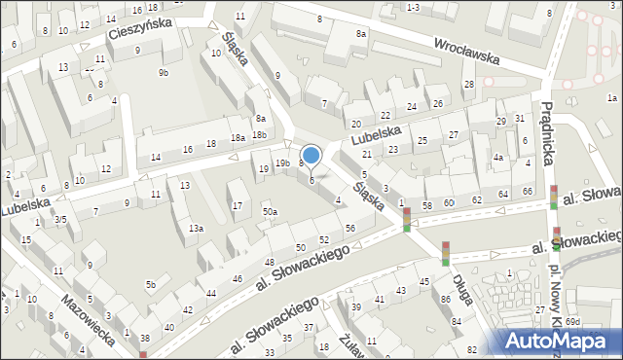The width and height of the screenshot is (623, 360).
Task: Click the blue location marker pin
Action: pos(311,155)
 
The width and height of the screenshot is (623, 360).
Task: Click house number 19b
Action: pos(281,162)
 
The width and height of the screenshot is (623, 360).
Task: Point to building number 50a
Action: pos(270,211)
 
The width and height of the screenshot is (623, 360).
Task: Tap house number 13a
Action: pos(196,228)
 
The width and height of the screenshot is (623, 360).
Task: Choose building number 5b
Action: pos(151,284)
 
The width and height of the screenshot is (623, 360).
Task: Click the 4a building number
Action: pos(497,158)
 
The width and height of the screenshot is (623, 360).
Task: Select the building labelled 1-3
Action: pos(413,7)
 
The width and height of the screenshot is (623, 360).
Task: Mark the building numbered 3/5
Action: pos(59,220)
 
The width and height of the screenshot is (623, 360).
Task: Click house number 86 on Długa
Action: pos(445,300)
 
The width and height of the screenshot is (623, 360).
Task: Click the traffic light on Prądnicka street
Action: pos(553,198)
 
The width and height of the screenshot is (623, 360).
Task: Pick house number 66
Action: pos(527,191)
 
